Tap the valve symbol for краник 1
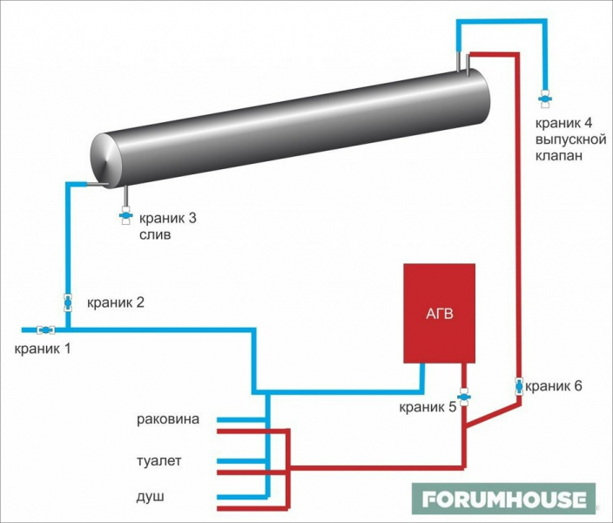(x=45, y=329)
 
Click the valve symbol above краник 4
(x=546, y=94)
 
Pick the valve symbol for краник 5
(x=464, y=397)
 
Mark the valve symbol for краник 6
(x=519, y=384)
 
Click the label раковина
(x=168, y=419)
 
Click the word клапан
(x=558, y=156)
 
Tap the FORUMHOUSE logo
(x=504, y=499)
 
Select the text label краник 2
(x=116, y=303)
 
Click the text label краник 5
(x=428, y=406)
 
